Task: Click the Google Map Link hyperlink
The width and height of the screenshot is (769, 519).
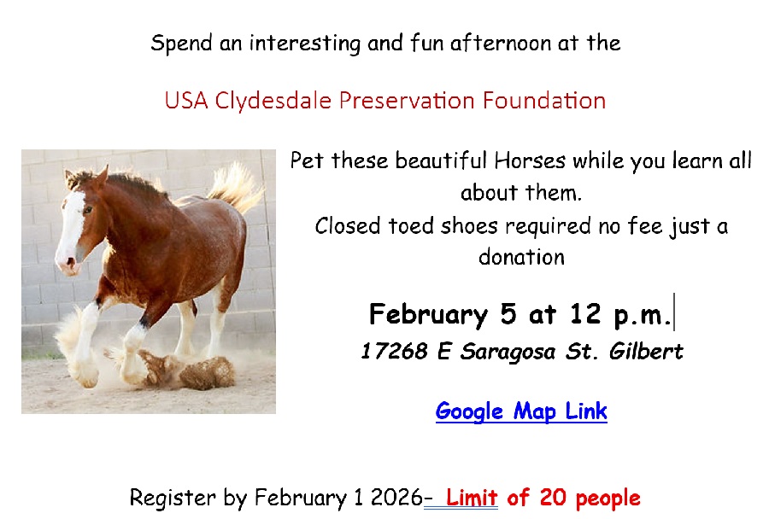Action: point(521,411)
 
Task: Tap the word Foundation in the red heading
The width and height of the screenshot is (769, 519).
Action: point(544,100)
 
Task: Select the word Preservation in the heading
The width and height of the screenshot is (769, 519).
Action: point(407,100)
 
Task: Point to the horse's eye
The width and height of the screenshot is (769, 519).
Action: point(88,210)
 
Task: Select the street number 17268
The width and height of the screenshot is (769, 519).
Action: point(394,352)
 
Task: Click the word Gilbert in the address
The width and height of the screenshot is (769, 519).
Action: point(646,351)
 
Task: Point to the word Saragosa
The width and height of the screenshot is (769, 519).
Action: point(508,352)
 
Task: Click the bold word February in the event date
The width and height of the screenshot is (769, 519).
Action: point(428,315)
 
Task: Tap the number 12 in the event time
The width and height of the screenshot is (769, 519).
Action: point(585,313)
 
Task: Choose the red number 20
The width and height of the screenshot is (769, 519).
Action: point(553,498)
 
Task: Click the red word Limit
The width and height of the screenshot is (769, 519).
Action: point(472,498)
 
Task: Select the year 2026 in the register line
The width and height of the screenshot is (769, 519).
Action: point(396,498)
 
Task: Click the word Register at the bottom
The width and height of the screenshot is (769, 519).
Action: point(173,499)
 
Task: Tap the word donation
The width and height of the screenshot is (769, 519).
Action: point(521,257)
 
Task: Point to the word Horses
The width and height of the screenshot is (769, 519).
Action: point(530,160)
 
